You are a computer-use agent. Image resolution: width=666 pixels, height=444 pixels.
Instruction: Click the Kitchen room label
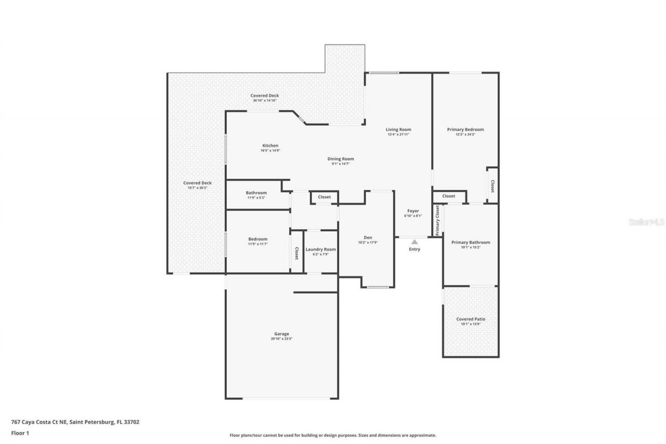click(270, 146)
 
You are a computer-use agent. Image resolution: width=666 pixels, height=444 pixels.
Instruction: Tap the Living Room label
click(399, 130)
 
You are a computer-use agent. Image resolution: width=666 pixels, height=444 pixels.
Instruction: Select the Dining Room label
click(341, 159)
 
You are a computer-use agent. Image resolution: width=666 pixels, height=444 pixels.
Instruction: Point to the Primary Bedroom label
click(466, 130)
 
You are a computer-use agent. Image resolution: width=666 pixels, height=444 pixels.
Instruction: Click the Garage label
click(281, 334)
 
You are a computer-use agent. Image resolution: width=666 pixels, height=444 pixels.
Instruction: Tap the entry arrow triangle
click(414, 242)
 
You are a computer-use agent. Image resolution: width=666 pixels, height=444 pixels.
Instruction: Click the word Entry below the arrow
click(414, 249)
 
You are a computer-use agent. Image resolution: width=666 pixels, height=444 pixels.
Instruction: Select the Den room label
click(368, 237)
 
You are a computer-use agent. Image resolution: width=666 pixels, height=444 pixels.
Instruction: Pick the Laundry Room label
click(321, 249)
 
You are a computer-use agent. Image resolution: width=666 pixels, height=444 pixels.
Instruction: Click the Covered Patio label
click(470, 319)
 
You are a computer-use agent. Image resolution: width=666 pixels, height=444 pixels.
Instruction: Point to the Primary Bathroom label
click(470, 242)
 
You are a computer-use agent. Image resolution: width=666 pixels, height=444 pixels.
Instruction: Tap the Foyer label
click(413, 211)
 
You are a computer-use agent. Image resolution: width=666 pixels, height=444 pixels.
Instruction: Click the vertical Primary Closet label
click(438, 220)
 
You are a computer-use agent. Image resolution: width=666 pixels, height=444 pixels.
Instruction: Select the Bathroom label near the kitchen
click(256, 193)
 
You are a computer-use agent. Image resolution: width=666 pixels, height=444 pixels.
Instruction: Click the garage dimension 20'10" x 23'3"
click(281, 339)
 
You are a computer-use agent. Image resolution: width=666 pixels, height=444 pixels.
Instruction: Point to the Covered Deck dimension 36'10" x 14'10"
click(265, 100)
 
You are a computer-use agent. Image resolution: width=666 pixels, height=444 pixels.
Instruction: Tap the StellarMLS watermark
click(646, 222)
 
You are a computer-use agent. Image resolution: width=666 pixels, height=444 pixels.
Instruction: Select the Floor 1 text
click(20, 433)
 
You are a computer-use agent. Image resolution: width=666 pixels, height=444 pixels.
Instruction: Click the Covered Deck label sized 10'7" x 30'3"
click(197, 183)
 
